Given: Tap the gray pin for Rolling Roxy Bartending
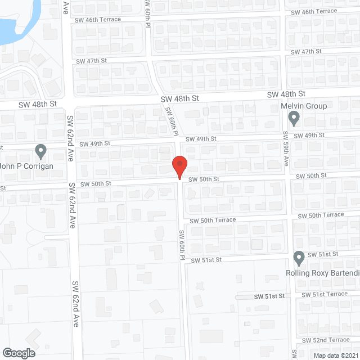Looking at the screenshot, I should (x=299, y=258).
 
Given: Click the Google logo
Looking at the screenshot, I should (x=19, y=353).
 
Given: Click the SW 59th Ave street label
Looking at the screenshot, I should (x=286, y=148).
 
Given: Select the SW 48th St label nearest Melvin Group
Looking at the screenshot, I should (x=286, y=94).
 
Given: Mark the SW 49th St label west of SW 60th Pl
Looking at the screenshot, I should (x=94, y=143).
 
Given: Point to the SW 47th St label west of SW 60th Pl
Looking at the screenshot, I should (x=91, y=60).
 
